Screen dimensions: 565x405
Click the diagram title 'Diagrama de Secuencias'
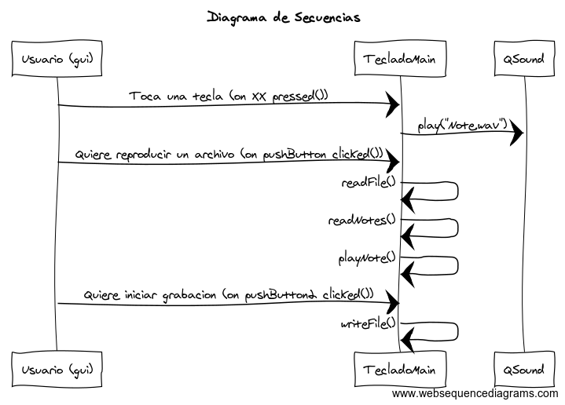pyautogui.click(x=284, y=17)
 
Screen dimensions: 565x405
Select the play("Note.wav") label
pyautogui.click(x=463, y=125)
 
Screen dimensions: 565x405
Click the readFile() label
pyautogui.click(x=369, y=183)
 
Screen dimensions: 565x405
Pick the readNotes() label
pyautogui.click(x=361, y=220)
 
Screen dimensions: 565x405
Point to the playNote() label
pyautogui.click(x=367, y=257)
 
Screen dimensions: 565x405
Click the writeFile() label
pyautogui.click(x=369, y=324)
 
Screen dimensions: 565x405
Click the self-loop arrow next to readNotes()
pyautogui.click(x=457, y=228)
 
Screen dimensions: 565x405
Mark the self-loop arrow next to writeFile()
pyautogui.click(x=457, y=331)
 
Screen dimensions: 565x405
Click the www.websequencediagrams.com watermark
pyautogui.click(x=475, y=393)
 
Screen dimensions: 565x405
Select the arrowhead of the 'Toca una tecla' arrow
pyautogui.click(x=393, y=104)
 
